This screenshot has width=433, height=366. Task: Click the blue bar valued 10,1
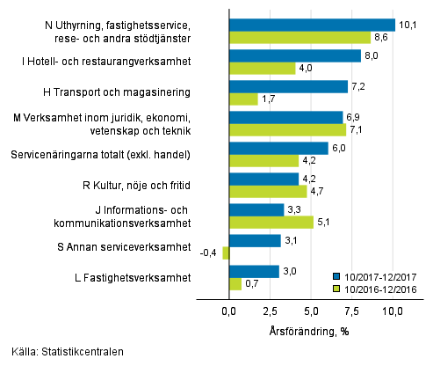tap(312, 25)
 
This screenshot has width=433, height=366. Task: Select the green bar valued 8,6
tap(299, 38)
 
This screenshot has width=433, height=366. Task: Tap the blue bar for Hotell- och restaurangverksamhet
tap(294, 55)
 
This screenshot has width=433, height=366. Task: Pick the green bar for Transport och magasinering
tap(243, 99)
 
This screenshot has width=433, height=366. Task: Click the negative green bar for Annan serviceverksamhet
tap(226, 253)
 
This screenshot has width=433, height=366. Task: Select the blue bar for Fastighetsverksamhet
tap(254, 271)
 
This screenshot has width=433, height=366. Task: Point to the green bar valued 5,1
tap(271, 223)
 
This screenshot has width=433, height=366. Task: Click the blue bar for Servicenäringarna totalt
tap(278, 148)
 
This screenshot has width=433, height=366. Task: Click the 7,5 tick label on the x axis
tap(351, 311)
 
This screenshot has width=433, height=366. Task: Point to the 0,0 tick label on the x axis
tap(229, 311)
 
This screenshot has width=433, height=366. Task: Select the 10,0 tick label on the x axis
tap(392, 311)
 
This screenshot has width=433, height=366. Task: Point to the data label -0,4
tap(211, 254)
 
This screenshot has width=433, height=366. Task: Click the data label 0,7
tap(251, 284)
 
